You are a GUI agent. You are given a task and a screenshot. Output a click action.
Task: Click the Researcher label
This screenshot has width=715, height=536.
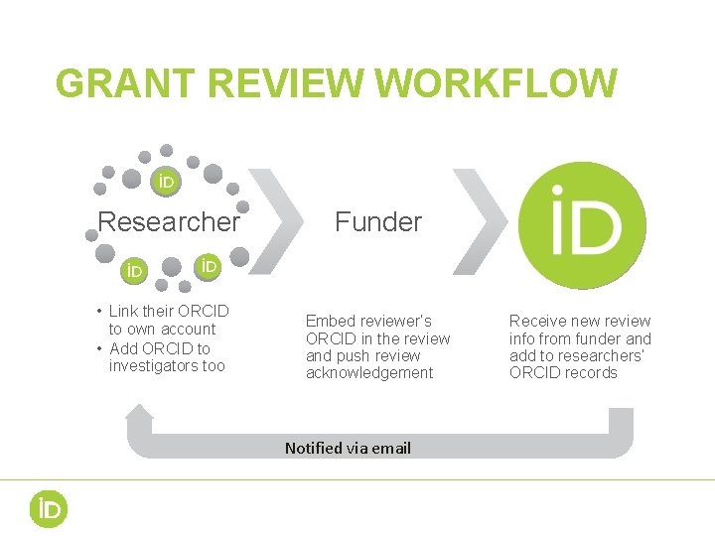pos(169,221)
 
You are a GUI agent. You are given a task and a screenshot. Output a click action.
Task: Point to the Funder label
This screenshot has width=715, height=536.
pos(378,221)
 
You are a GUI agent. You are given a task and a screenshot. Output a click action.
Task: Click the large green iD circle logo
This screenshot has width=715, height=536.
pos(584,224)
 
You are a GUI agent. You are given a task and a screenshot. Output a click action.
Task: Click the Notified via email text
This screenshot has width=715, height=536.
pos(348,448)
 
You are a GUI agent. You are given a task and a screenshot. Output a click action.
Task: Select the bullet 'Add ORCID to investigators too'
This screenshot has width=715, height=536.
pos(165,357)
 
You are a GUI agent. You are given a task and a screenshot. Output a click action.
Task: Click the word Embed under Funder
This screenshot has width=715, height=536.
pos(329,321)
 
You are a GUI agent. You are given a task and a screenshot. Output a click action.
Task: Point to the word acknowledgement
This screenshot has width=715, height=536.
pos(369,373)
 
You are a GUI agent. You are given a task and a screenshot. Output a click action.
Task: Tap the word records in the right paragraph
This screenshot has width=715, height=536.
pos(592,373)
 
